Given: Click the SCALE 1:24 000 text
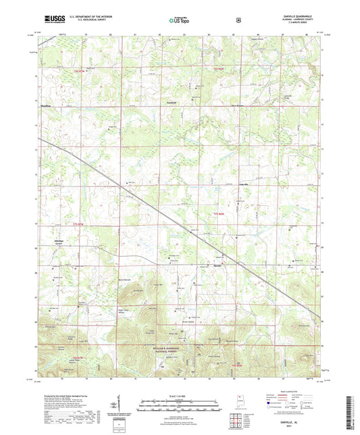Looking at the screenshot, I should (180, 395).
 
